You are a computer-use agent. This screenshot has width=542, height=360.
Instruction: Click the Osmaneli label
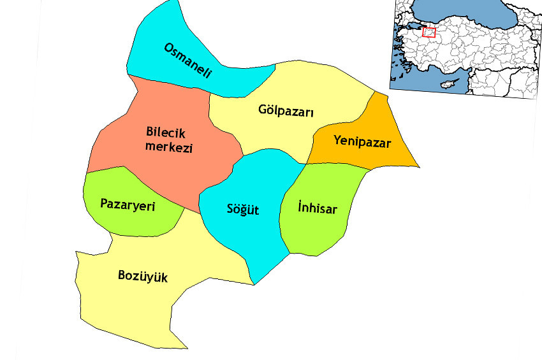click(x=187, y=60)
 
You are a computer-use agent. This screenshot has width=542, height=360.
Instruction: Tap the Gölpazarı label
click(x=287, y=110)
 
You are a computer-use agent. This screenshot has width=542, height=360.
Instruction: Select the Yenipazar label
click(x=362, y=141)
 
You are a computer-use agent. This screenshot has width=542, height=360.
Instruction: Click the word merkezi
click(x=168, y=147)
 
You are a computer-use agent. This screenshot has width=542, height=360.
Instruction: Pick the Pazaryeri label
click(x=128, y=204)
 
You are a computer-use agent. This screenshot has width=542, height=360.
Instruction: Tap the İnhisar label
click(x=317, y=208)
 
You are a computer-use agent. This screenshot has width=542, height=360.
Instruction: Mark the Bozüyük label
click(x=143, y=276)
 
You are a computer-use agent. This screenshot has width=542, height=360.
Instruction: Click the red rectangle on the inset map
click(x=428, y=32)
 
